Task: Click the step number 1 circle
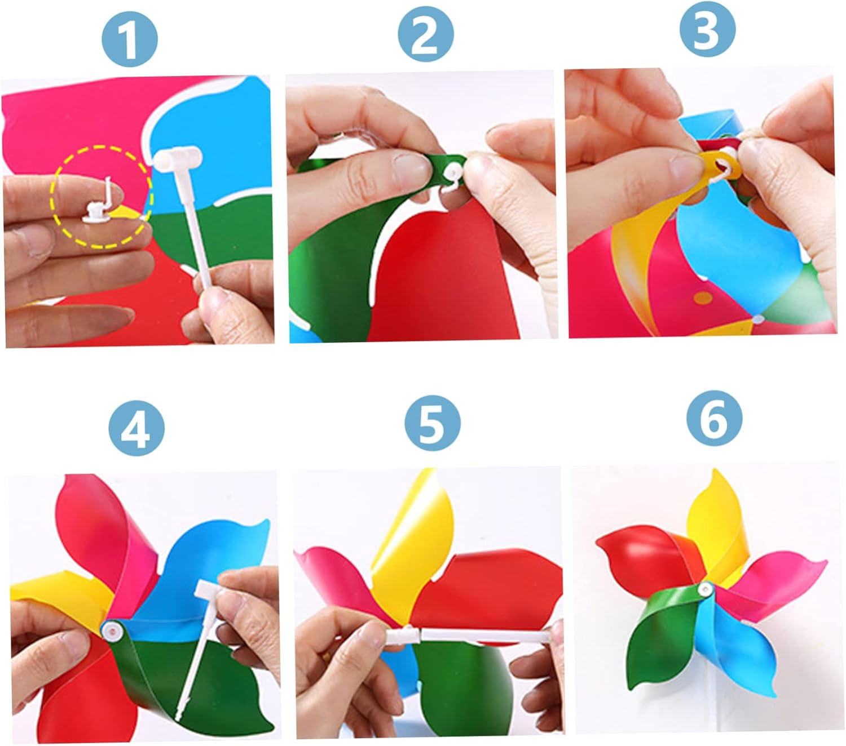coord(130,39)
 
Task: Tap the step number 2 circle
coord(425,34)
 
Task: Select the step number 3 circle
coord(707,29)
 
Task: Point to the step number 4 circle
coord(136,428)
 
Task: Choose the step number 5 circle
coord(432,423)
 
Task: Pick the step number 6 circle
coord(715,418)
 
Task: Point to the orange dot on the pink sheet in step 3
coord(704,298)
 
